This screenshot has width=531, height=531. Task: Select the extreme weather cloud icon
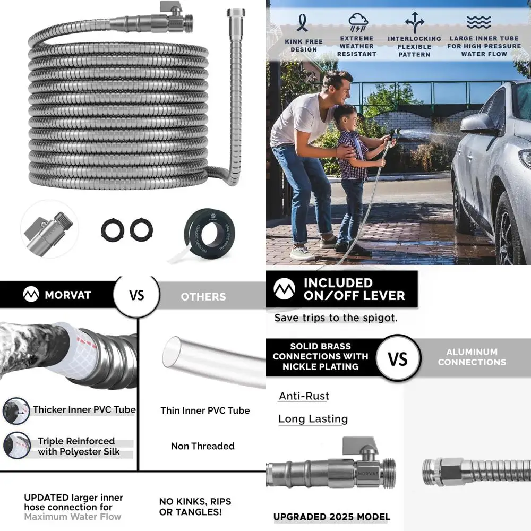(358, 22)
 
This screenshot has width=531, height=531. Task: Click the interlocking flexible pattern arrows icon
(414, 22)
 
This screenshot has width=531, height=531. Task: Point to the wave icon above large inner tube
(478, 22)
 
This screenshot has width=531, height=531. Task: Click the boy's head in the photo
(346, 116)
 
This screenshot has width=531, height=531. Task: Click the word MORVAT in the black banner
(67, 295)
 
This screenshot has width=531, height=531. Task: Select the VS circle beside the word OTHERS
(136, 295)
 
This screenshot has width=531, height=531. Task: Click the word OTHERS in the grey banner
(203, 297)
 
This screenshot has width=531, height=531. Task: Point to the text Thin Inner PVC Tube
(205, 410)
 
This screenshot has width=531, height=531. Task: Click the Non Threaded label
(202, 446)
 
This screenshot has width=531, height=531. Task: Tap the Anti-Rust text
(304, 396)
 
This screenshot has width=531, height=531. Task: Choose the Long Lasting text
(313, 419)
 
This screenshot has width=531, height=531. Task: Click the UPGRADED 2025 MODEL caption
(331, 517)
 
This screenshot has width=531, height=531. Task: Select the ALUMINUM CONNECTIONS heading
(472, 357)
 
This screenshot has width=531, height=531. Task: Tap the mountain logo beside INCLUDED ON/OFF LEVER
(284, 289)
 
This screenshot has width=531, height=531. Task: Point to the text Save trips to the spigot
(336, 318)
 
